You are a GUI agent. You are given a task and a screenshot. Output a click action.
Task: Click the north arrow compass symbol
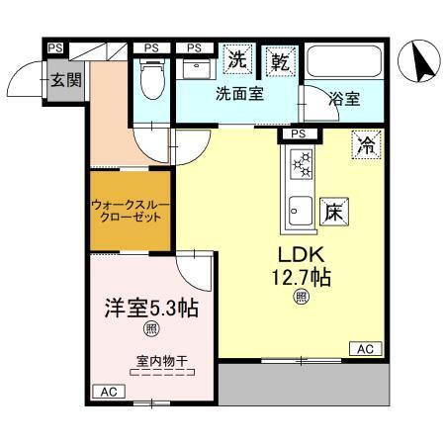tap(418, 64)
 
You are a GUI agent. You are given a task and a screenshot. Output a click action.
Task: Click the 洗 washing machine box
tap(238, 59)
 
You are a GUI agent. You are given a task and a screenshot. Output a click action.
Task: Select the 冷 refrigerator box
tap(366, 145)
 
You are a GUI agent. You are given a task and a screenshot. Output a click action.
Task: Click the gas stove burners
tap(300, 164)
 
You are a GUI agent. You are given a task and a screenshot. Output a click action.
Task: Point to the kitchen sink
tap(300, 211)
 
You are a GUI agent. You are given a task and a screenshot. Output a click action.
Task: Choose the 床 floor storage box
tap(333, 212)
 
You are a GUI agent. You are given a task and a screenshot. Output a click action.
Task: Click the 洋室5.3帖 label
tap(152, 308)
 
